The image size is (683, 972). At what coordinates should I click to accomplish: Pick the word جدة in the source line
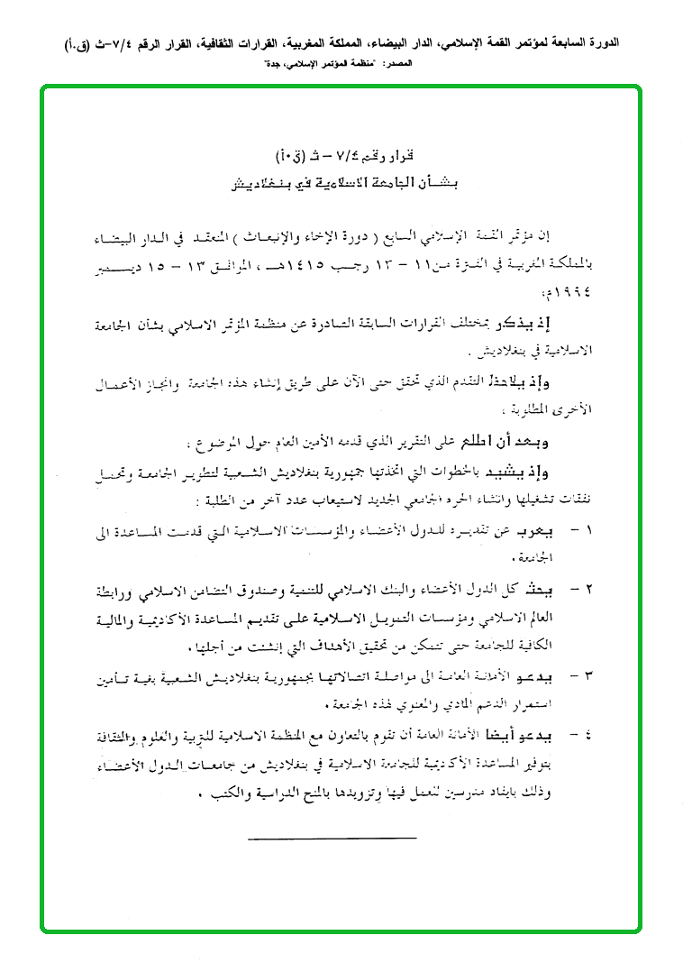tap(269, 65)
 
